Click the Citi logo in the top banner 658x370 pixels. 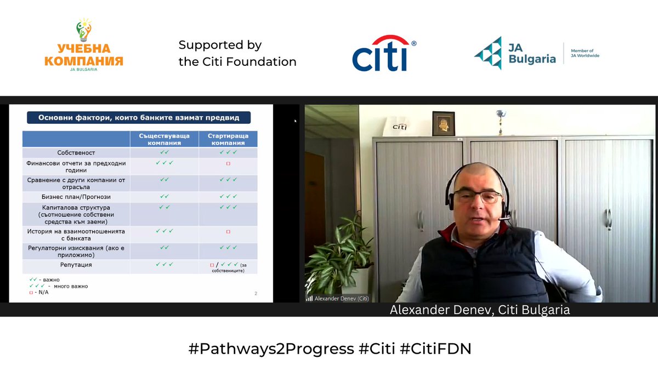pyautogui.click(x=383, y=54)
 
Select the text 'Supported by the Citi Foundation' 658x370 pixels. pyautogui.click(x=237, y=53)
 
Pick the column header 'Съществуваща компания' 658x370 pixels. pyautogui.click(x=164, y=139)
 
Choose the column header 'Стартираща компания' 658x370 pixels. pyautogui.click(x=228, y=139)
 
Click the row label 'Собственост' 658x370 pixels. pyautogui.click(x=76, y=152)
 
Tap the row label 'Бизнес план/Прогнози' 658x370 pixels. pyautogui.click(x=76, y=196)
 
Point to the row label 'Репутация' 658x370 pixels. pyautogui.click(x=76, y=265)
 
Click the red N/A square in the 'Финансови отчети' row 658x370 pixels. pyautogui.click(x=228, y=163)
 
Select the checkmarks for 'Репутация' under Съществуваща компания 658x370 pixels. pyautogui.click(x=164, y=264)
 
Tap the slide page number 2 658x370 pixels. pyautogui.click(x=256, y=294)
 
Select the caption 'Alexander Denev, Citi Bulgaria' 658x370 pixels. pyautogui.click(x=480, y=310)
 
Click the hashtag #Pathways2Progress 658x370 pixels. pyautogui.click(x=272, y=349)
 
